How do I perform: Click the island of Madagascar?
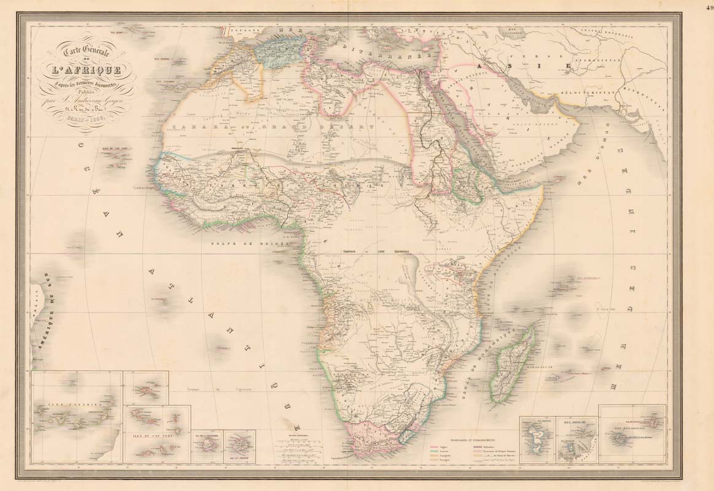click(512, 365)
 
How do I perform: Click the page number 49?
click(707, 6)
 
